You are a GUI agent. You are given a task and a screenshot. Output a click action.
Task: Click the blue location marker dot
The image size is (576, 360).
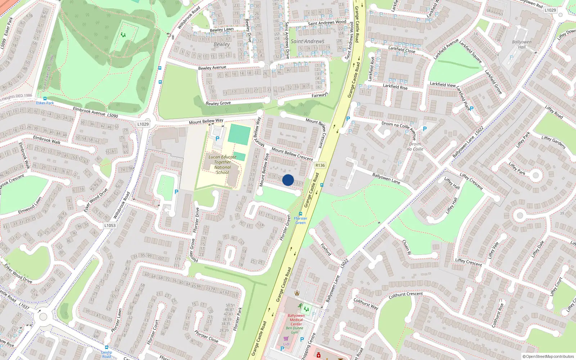(288, 180)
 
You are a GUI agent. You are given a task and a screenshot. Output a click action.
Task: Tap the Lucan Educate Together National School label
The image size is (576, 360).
(222, 165)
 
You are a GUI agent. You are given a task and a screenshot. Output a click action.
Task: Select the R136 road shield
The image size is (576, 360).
(320, 165)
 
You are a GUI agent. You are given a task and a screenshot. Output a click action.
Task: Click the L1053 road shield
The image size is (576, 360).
(110, 225)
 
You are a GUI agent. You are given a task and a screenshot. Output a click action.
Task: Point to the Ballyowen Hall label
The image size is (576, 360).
(522, 44)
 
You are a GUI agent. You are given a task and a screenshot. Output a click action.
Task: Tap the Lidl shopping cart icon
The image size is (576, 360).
(286, 339)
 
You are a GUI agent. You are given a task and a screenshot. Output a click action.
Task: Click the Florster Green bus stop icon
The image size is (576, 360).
(301, 214)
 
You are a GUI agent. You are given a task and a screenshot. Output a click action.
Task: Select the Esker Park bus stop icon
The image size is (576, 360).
(45, 99)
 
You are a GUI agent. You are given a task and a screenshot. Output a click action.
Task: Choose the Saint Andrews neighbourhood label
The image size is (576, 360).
(307, 41)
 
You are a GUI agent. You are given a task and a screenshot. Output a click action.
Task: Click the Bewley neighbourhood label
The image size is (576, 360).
(221, 44)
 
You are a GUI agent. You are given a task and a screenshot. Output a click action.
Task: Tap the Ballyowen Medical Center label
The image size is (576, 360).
(296, 320)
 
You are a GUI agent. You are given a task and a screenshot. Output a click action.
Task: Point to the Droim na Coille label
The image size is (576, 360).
(415, 147)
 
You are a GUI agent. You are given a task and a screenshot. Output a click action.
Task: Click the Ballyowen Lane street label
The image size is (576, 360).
(386, 179)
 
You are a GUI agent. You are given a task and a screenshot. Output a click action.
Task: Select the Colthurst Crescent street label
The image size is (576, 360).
(406, 295)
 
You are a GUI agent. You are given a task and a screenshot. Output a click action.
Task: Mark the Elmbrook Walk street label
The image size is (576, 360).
(47, 140)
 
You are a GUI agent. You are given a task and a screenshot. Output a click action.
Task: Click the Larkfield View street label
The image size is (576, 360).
(442, 84)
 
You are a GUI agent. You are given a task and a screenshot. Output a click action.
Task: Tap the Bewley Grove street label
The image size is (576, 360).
(218, 103)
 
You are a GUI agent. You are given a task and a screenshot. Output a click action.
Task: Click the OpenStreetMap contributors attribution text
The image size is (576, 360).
(548, 356)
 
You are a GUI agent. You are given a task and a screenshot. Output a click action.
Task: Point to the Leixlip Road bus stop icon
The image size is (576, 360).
(106, 348)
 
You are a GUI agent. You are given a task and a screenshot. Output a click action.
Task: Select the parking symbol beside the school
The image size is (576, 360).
(217, 139)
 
